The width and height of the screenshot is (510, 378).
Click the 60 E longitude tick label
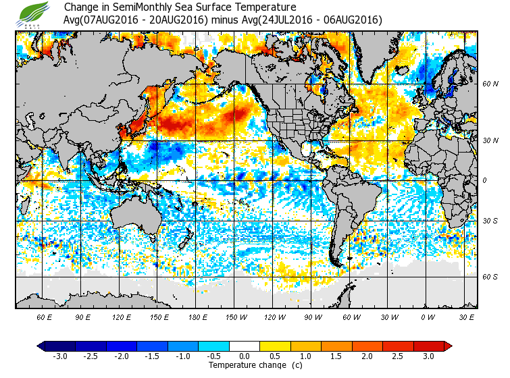coord(45,317)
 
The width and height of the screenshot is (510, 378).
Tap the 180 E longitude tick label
coord(197,317)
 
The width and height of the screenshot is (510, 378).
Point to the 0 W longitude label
coord(427,317)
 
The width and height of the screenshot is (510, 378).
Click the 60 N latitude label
coord(490,84)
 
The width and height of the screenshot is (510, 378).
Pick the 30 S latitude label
coord(490,221)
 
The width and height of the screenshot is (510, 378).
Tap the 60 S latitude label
coord(490,277)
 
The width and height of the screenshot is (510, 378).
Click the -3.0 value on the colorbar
coord(60,356)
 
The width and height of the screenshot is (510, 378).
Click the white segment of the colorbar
coord(245,346)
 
